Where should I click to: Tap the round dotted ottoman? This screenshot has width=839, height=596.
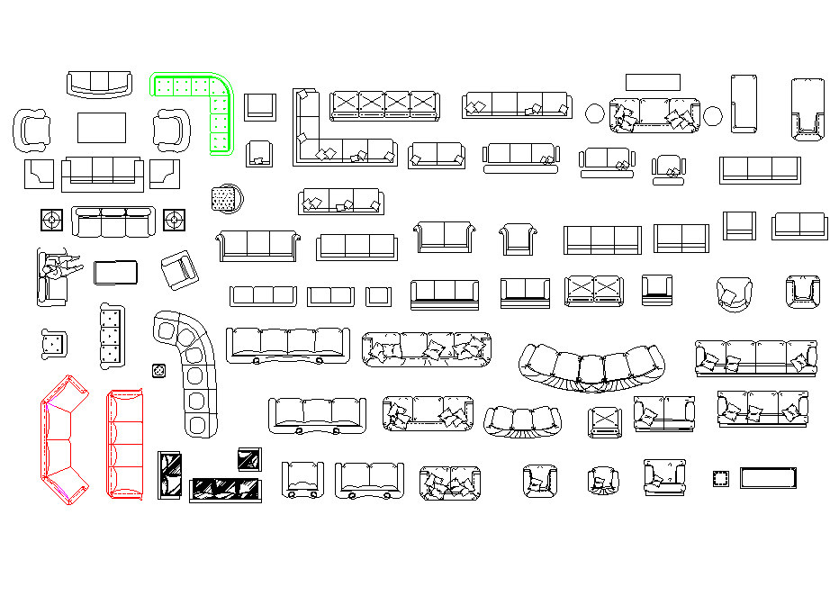pos(225,199)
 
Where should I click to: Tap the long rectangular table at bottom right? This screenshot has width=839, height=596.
pos(769,477)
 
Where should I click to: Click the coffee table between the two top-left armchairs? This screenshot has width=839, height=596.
pos(102,127)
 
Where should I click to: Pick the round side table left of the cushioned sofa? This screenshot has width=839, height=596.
pos(596,114)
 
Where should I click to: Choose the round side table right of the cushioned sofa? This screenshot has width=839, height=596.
pos(713,115)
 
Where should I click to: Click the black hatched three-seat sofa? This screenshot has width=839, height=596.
pos(226,490)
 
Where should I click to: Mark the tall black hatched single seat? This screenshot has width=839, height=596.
pos(169,474)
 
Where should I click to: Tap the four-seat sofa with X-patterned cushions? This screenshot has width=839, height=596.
pos(384,105)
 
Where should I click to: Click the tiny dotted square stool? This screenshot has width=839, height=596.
pos(159,370)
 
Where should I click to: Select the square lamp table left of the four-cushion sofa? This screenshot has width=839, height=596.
pos(51,220)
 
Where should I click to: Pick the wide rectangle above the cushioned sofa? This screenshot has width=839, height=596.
pos(653,82)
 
